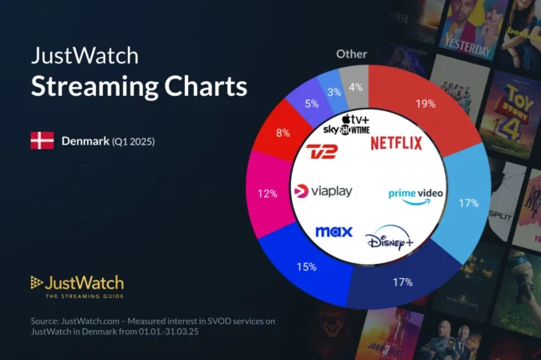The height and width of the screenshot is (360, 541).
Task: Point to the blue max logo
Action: coord(334,231)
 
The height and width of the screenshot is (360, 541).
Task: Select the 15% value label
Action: coord(305,267)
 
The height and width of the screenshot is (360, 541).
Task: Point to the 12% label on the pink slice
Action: coord(268,194)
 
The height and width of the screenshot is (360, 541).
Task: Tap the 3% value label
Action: coord(332,91)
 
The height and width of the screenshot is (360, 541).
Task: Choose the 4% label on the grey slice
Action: coord(356,86)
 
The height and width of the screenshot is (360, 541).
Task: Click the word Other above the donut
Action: coord(351,53)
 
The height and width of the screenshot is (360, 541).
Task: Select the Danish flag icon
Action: coord(42,140)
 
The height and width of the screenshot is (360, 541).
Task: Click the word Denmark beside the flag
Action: coord(84,140)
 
